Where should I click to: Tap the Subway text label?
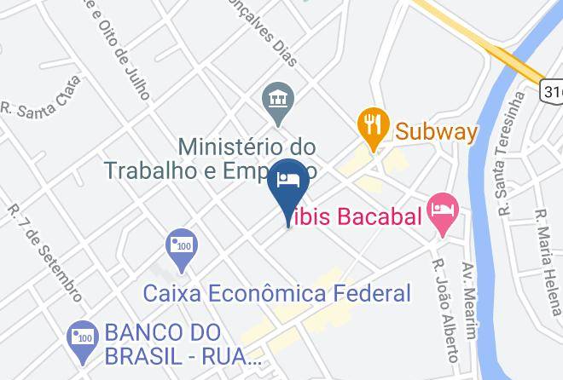(435, 132)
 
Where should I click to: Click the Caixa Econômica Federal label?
(277, 294)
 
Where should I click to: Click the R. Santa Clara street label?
(43, 98)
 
